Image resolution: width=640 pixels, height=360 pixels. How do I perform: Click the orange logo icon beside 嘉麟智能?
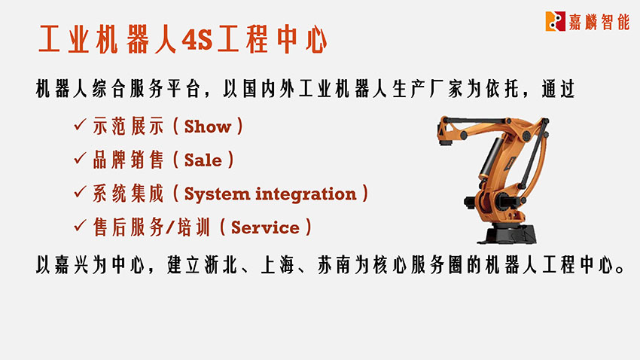point(555,21)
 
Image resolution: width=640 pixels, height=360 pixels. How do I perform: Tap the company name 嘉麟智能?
point(599,22)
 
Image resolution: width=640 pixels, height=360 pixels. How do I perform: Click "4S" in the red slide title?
point(197,40)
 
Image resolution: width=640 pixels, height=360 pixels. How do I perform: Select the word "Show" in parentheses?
point(208,127)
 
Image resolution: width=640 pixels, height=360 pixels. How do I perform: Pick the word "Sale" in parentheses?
point(203,160)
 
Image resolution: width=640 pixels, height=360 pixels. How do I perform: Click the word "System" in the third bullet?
point(217,194)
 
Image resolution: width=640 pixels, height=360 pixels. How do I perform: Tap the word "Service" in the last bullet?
point(265,227)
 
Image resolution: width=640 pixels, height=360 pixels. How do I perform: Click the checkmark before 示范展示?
point(80,124)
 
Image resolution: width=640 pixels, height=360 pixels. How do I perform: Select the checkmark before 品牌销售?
point(80,158)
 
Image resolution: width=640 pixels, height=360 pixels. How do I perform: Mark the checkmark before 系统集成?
point(80,191)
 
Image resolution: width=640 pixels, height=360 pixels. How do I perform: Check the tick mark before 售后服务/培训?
point(80,225)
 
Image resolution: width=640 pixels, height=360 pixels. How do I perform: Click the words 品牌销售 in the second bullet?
point(128,160)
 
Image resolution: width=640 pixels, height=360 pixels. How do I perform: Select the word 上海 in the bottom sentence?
point(277,265)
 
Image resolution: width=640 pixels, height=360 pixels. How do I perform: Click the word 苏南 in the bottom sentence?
point(334,265)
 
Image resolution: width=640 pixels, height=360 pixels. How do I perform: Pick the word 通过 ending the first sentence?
point(559,89)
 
